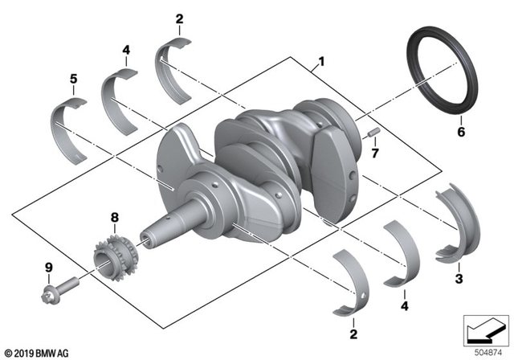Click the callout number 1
click(x=321, y=60)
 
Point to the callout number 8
click(x=113, y=217)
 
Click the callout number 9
click(x=47, y=268)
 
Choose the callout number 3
click(x=459, y=279)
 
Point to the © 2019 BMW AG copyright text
click(x=36, y=352)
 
